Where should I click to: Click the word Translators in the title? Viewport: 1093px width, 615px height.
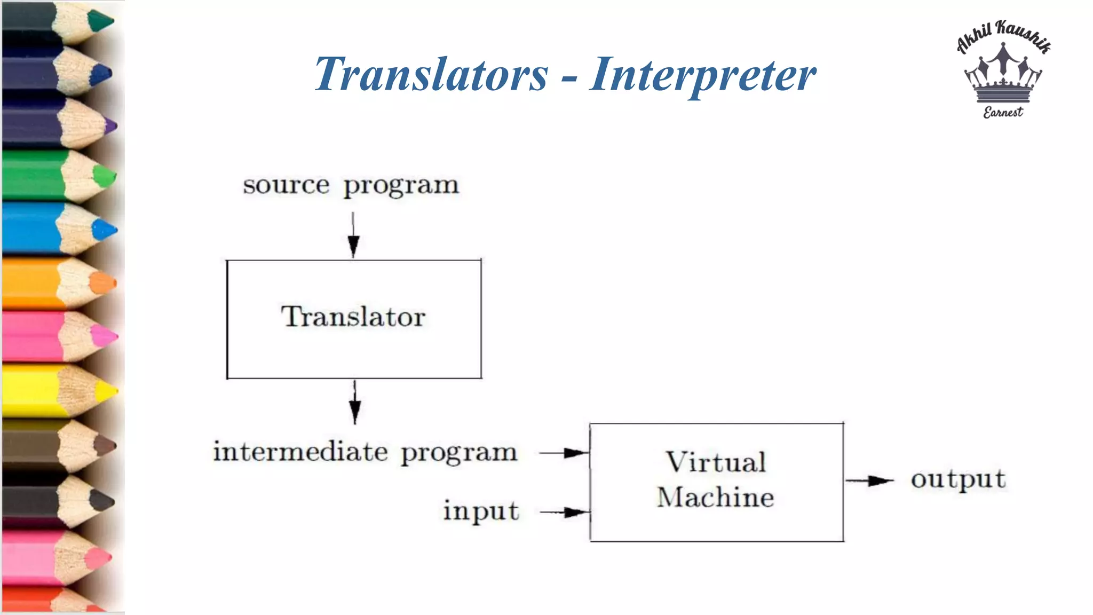(x=431, y=75)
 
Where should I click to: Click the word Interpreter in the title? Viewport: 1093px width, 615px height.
(x=702, y=76)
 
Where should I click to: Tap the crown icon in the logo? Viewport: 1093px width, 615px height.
(x=1003, y=75)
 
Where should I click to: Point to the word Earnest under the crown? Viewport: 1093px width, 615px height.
(x=1003, y=112)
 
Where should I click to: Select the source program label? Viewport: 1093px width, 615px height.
(x=351, y=186)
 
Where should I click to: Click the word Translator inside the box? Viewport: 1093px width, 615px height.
(x=353, y=317)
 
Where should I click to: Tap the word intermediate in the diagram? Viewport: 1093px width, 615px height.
(x=300, y=452)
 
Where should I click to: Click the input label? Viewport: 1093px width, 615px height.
(x=481, y=511)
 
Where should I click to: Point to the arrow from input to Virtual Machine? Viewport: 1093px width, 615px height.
(x=565, y=512)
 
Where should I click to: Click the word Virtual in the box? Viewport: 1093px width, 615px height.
(x=716, y=462)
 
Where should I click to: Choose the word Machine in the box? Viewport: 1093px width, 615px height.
(x=715, y=498)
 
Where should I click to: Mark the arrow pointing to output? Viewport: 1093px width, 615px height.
(x=869, y=481)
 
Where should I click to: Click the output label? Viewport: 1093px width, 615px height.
(x=958, y=479)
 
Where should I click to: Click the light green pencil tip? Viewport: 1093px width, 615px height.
(x=105, y=176)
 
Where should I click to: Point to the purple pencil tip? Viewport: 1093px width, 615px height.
(x=110, y=127)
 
